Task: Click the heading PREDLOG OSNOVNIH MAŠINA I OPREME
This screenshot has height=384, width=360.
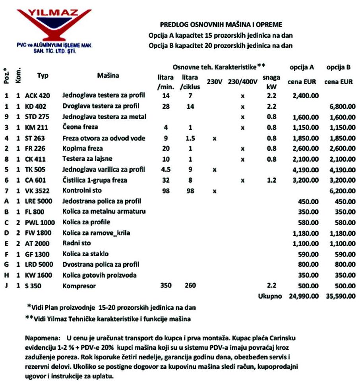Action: pos(221,25)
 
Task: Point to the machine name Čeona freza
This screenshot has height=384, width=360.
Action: pos(80,127)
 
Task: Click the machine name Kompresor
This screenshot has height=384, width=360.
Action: pos(79,286)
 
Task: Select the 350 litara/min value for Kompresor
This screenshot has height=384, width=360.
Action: pos(166,286)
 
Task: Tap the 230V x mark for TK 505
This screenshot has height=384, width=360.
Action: pos(215,170)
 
